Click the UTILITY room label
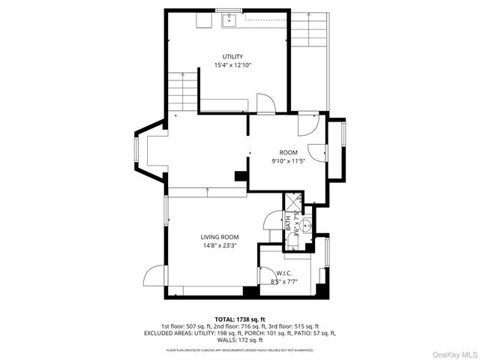tap(232, 56)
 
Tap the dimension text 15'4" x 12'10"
tap(232, 65)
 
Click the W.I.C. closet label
tap(283, 273)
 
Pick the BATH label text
tap(287, 223)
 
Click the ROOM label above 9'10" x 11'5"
tap(289, 152)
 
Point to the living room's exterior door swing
tap(153, 276)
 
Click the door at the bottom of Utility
tap(265, 103)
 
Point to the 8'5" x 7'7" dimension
tap(283, 282)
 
